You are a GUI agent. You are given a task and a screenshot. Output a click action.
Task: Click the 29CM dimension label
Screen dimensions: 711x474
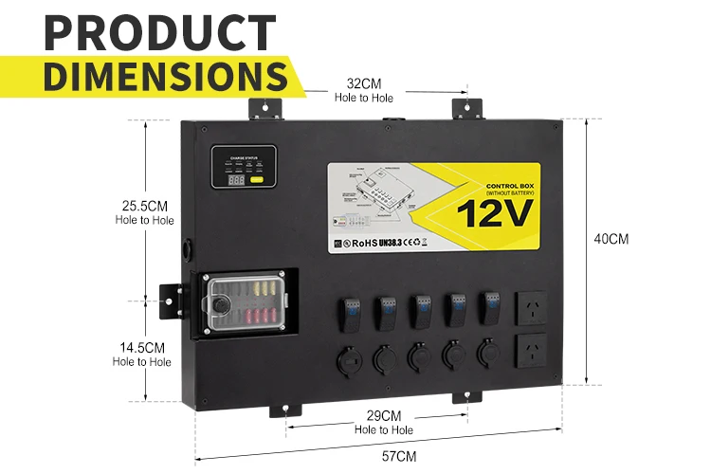[384, 416]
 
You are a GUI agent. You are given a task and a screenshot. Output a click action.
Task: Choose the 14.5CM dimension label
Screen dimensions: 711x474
[142, 348]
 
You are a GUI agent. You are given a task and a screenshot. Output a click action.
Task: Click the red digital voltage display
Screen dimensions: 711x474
[236, 179]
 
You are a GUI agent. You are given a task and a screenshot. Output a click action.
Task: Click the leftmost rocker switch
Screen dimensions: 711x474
[348, 310]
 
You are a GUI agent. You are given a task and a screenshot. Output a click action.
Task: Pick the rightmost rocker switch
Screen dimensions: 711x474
[491, 305]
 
